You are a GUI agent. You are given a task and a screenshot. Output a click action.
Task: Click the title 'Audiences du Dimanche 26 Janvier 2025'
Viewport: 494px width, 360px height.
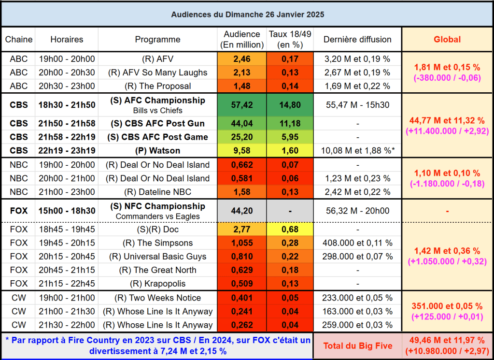point(247,14)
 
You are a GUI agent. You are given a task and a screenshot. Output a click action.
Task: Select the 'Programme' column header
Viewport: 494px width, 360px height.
point(157,40)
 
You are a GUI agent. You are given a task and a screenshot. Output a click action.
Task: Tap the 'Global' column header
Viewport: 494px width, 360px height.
point(447,40)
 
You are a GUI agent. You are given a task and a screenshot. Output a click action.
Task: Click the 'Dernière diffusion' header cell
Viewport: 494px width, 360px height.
point(357,40)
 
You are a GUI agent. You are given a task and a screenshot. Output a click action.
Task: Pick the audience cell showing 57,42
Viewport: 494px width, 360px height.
point(242,105)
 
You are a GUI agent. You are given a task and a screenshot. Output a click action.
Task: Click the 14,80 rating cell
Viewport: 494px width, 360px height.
point(290,105)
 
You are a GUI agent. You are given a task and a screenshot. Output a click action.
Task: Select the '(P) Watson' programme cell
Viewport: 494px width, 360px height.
point(157,150)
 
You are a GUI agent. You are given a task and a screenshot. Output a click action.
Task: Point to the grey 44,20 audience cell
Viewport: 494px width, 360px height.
point(242,211)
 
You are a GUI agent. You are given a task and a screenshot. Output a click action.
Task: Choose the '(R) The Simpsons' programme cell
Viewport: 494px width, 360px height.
point(157,243)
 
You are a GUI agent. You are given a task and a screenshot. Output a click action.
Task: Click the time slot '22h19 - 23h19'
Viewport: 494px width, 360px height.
point(67,150)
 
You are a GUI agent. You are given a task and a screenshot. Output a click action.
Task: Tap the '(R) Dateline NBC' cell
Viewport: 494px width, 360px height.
point(157,192)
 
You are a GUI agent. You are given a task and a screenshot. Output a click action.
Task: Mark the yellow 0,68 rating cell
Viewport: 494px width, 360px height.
point(290,229)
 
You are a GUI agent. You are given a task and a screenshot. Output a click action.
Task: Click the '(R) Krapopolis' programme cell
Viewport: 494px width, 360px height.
point(157,284)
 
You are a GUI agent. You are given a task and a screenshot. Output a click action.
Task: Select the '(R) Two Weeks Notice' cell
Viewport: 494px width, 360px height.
point(157,298)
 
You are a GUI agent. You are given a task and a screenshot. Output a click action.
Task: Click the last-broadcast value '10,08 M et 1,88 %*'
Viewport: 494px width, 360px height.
point(357,150)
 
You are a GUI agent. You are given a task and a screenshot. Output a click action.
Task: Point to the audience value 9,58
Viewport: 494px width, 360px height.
point(242,150)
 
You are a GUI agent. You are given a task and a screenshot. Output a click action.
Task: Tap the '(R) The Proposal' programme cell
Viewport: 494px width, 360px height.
point(157,86)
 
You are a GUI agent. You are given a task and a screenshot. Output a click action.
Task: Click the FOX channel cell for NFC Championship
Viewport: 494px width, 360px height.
point(19,211)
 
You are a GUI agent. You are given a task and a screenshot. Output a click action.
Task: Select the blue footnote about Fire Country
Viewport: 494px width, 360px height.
point(157,346)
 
